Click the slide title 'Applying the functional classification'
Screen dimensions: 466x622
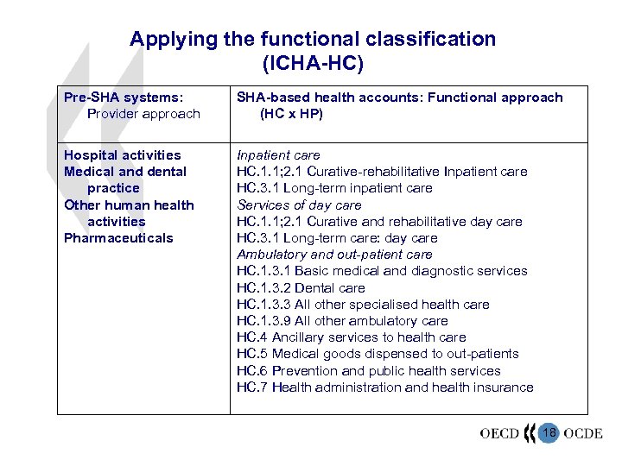coord(313,39)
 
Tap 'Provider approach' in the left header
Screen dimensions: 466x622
coord(143,114)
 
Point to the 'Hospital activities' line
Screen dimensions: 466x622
coord(123,155)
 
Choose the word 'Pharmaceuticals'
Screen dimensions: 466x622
coord(118,238)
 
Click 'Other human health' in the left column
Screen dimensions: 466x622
coord(129,205)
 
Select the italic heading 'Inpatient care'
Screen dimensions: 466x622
coord(278,155)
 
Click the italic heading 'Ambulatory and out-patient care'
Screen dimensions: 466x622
coord(334,255)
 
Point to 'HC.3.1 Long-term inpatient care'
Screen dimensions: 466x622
coord(334,188)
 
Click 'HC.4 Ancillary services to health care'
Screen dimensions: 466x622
coord(351,337)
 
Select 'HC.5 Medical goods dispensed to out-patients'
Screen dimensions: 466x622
coord(378,354)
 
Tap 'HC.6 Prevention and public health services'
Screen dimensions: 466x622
coord(368,371)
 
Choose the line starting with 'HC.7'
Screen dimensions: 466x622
coord(384,387)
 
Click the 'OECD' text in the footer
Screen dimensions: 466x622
coord(499,433)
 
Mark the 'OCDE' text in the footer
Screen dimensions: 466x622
coord(583,433)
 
